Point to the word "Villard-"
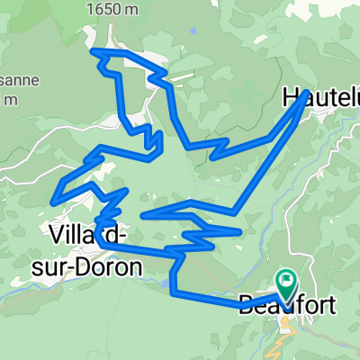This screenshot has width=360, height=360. [87, 235]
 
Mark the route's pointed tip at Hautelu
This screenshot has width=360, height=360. [308, 92]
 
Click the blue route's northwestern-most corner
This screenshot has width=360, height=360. [94, 51]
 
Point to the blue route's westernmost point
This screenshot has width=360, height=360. [57, 197]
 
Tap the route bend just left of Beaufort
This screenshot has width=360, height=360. [241, 307]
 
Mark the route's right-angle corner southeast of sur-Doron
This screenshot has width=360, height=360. [173, 290]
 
